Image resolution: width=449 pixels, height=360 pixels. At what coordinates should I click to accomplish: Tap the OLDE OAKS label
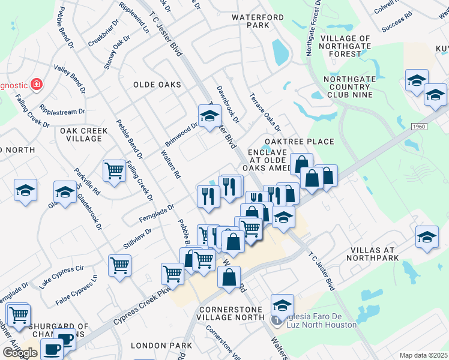click(x=157, y=85)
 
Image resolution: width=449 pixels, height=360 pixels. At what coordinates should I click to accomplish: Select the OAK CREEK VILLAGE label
click(x=84, y=134)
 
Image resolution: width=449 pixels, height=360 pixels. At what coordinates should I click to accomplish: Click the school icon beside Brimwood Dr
click(x=209, y=116)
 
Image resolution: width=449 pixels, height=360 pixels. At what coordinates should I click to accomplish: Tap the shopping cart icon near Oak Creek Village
click(x=113, y=170)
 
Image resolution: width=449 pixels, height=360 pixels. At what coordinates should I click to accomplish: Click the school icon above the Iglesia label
click(x=282, y=305)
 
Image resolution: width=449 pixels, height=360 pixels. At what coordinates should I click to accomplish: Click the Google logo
click(x=20, y=352)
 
